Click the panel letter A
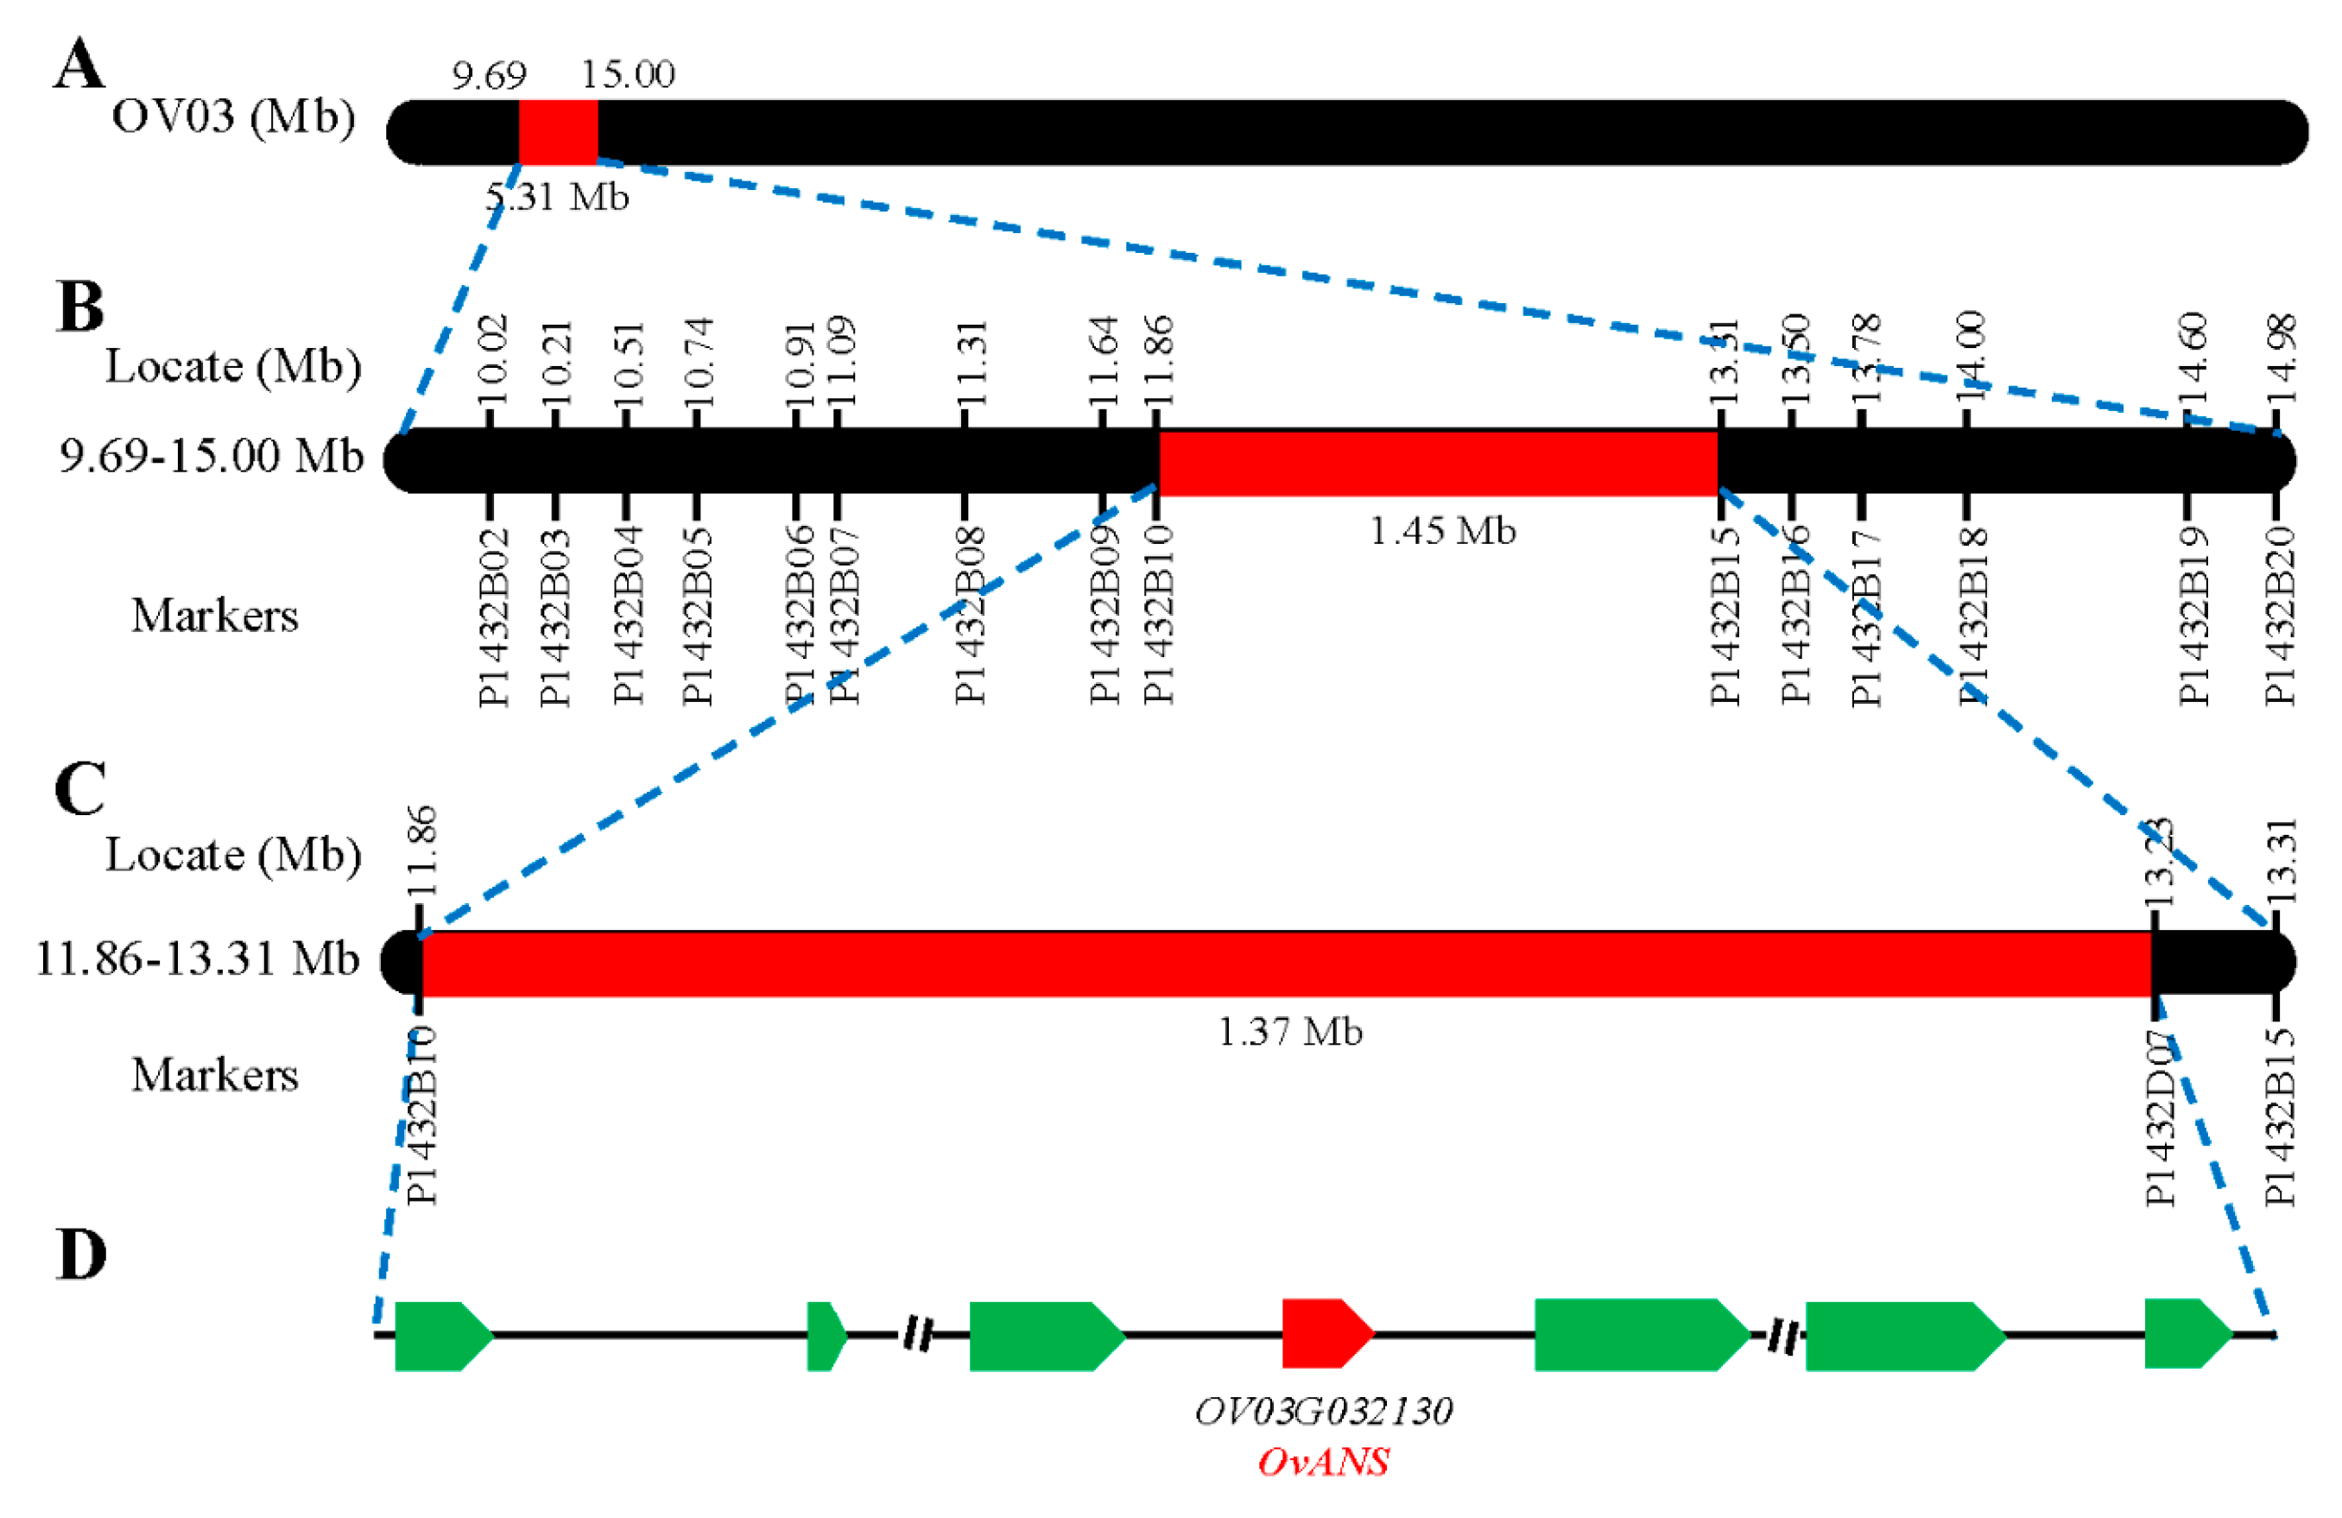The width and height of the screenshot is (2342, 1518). [x=79, y=65]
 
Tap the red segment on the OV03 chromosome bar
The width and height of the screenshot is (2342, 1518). [x=558, y=132]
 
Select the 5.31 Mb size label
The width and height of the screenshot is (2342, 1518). [x=557, y=197]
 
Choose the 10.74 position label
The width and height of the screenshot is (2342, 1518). [x=698, y=362]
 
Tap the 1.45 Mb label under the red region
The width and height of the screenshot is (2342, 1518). [x=1443, y=531]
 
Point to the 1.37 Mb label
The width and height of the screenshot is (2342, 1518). [x=1290, y=1032]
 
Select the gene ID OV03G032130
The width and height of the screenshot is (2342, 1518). [x=1324, y=1412]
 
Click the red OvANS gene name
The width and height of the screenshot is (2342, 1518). [x=1324, y=1462]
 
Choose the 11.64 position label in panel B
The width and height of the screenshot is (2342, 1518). [x=1105, y=360]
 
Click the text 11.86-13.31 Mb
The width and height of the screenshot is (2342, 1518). [x=198, y=958]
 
